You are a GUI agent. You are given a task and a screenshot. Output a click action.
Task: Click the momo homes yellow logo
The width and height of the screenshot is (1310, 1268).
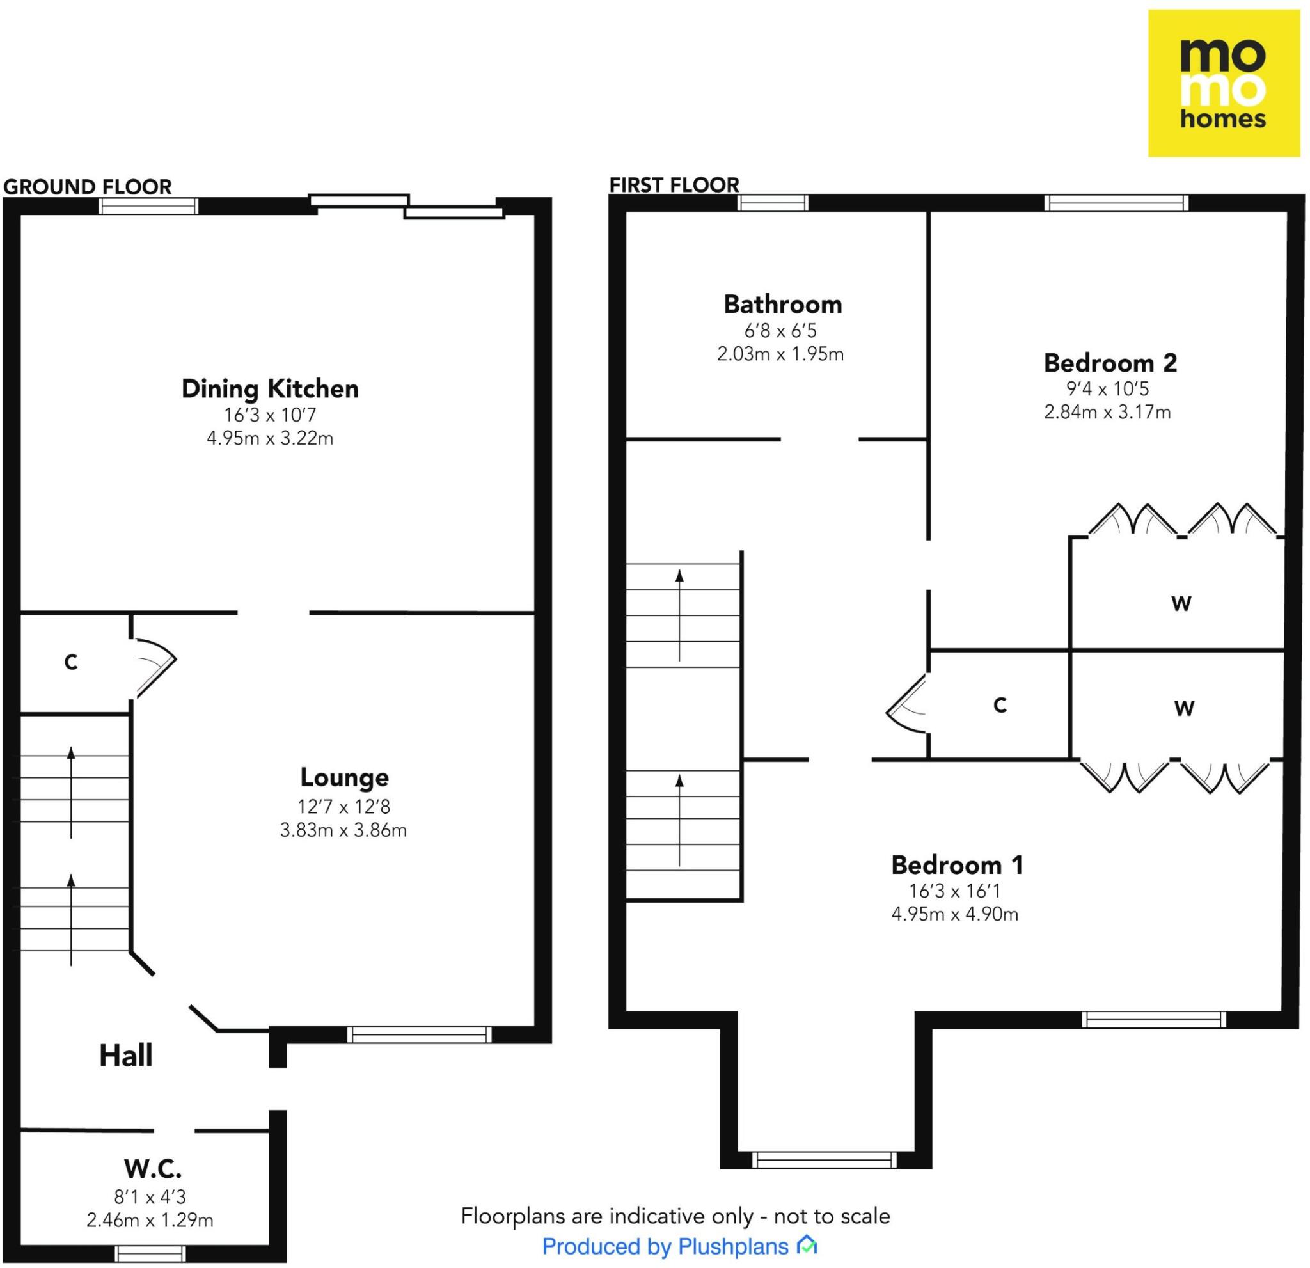click(1223, 84)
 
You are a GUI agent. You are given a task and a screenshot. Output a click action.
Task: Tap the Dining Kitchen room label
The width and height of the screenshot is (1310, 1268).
click(270, 389)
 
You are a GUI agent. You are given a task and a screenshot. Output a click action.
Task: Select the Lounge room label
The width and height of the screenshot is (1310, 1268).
click(344, 777)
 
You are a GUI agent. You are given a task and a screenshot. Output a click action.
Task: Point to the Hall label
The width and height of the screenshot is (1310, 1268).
click(125, 1056)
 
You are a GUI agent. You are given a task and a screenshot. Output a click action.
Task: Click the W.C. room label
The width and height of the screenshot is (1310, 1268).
click(152, 1168)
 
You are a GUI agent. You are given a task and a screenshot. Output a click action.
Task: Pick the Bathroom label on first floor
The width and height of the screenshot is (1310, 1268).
click(783, 305)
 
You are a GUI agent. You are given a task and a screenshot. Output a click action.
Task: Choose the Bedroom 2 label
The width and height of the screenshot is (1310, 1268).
click(1110, 363)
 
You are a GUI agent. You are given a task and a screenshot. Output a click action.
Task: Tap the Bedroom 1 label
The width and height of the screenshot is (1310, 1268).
click(957, 865)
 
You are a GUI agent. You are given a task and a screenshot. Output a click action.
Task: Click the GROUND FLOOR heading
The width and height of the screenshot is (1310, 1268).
click(88, 187)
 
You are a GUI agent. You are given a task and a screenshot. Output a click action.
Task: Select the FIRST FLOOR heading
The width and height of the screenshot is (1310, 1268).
click(674, 184)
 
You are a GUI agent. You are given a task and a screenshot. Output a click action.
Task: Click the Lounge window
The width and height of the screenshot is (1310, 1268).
click(419, 1034)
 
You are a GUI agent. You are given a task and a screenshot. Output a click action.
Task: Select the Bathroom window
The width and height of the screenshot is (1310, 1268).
click(773, 203)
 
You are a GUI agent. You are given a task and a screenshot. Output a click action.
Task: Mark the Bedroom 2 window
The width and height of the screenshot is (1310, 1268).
click(1116, 203)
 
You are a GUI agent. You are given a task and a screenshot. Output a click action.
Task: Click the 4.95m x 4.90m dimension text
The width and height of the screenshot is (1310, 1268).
click(954, 914)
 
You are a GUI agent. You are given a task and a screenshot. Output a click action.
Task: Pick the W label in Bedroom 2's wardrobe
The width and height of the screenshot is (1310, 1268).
click(1181, 603)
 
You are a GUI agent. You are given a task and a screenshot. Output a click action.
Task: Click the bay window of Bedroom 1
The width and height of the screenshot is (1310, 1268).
click(823, 1160)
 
